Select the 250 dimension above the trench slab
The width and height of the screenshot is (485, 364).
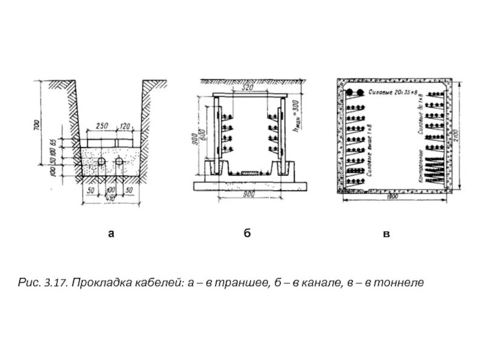[x=102, y=126]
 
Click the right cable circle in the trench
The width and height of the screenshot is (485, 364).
[x=119, y=163]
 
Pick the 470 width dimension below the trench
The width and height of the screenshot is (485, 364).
[x=109, y=198]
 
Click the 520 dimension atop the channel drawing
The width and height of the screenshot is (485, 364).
[x=246, y=88]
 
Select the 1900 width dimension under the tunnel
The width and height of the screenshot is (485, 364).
[x=391, y=198]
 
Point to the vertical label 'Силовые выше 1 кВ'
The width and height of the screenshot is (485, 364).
[x=370, y=149]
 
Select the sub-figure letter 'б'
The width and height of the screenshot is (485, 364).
[x=247, y=233]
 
